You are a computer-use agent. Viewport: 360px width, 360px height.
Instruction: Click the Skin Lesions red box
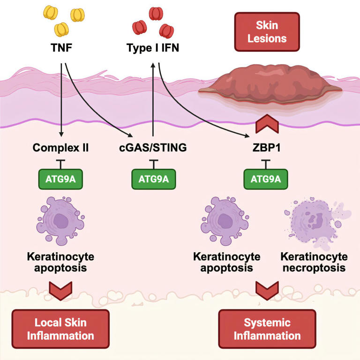point(267,31)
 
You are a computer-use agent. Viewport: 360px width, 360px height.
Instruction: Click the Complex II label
point(61,148)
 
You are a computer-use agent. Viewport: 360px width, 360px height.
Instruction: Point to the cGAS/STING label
point(152,148)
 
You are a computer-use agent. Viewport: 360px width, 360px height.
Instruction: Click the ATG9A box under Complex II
point(61,178)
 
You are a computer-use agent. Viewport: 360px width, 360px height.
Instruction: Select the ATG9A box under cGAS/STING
point(152,178)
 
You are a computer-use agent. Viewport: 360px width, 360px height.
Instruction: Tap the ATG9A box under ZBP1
point(266,178)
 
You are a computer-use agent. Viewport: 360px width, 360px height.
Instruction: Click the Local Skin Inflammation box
point(60,330)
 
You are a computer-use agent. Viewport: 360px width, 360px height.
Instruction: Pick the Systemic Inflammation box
point(267,330)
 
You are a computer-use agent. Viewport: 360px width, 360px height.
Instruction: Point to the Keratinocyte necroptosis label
point(314,262)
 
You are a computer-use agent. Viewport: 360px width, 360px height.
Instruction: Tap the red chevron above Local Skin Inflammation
point(60,289)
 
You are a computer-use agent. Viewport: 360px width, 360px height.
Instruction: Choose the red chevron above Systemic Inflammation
point(266,289)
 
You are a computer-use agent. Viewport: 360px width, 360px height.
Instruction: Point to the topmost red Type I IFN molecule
point(156,13)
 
